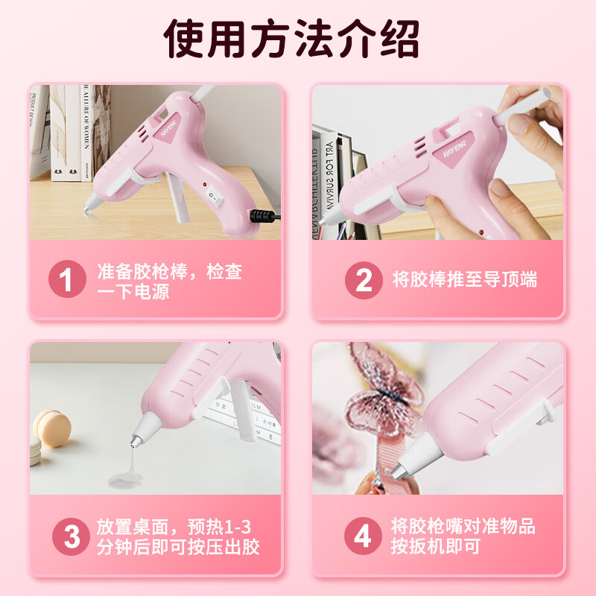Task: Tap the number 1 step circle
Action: [66, 281]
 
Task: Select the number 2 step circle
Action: [364, 281]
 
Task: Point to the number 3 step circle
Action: [72, 536]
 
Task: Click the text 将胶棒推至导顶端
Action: [465, 281]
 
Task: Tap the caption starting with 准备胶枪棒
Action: [170, 281]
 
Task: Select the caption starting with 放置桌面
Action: [179, 537]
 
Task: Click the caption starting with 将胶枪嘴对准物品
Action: [463, 536]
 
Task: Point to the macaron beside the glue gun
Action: [52, 431]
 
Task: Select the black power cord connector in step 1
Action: [260, 216]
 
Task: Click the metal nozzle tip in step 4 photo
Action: [400, 470]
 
